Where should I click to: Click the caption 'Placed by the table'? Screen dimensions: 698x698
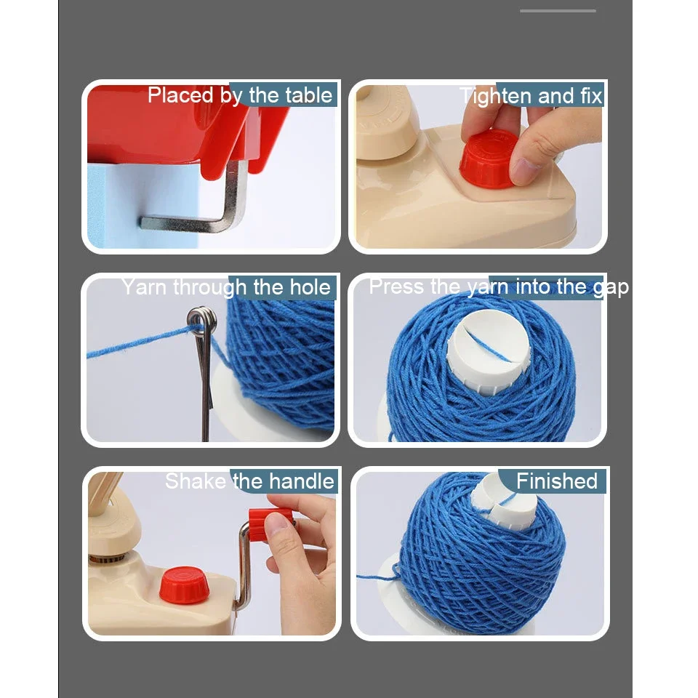pyautogui.click(x=240, y=95)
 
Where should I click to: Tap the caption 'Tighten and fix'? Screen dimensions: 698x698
pyautogui.click(x=531, y=95)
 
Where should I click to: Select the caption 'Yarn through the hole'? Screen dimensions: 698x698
pyautogui.click(x=226, y=287)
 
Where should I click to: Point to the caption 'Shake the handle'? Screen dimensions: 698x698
pyautogui.click(x=249, y=481)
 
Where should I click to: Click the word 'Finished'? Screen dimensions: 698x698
pyautogui.click(x=557, y=481)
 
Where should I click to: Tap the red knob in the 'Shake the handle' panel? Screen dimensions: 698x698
pyautogui.click(x=182, y=583)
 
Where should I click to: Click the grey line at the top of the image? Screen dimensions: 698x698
pyautogui.click(x=558, y=11)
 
